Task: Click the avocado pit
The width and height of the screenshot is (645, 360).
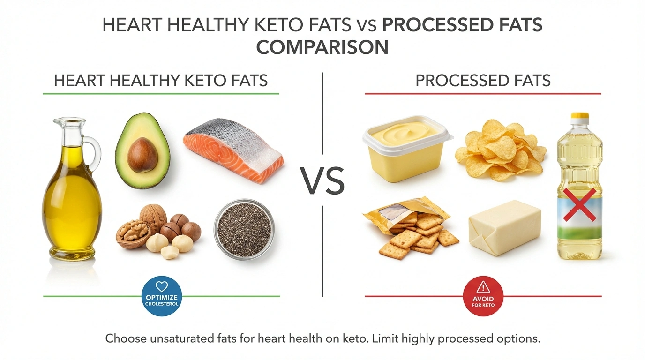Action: [x=142, y=155]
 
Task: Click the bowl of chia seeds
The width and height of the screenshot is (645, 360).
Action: [x=244, y=229]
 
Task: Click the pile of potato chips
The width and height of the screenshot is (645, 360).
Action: [x=500, y=149]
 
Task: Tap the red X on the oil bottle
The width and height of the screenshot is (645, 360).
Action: [x=579, y=204]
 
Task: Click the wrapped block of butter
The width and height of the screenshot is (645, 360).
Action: [x=505, y=227]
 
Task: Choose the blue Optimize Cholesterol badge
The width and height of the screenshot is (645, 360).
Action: [x=161, y=296]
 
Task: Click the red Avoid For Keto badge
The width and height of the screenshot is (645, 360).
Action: [x=483, y=296]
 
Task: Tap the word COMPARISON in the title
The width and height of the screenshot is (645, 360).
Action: [x=322, y=48]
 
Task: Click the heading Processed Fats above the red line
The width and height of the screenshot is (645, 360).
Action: [x=483, y=81]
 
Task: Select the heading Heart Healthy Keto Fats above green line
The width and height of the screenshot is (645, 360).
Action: [x=161, y=81]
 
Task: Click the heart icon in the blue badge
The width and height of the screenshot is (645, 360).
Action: [x=161, y=287]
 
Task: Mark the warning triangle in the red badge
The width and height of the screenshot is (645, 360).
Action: [x=483, y=287]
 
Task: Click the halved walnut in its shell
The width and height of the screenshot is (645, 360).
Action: [x=133, y=232]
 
